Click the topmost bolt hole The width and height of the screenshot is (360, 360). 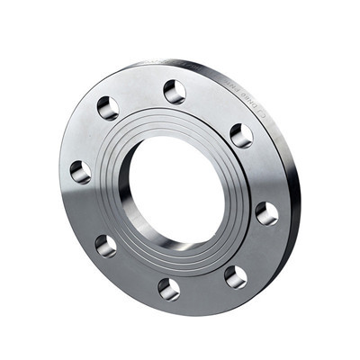point(175,91)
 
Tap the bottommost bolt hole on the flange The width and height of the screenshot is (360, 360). point(169,288)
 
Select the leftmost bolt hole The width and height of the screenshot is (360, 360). point(80,171)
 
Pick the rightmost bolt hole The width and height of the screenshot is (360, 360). point(266,212)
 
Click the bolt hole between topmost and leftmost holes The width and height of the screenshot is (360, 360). point(108,108)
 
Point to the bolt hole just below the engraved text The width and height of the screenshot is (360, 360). point(241,135)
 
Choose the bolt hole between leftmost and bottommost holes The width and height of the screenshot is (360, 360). point(105,245)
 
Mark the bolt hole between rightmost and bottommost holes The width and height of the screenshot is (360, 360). point(236,276)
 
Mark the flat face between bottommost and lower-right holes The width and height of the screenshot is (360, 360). point(203,288)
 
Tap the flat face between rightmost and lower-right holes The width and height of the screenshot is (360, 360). point(256,247)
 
